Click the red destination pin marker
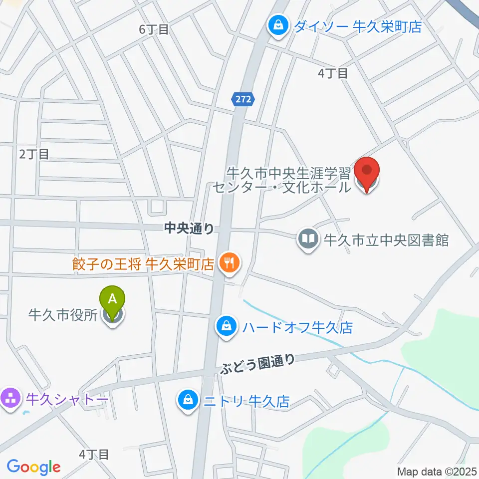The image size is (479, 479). [x=367, y=174]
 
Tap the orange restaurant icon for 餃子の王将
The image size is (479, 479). [x=229, y=262]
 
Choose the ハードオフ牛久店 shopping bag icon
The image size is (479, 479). [x=227, y=327]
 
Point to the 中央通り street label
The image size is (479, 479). [x=189, y=228]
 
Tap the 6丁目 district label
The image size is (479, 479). [x=154, y=29]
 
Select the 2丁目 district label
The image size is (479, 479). [x=34, y=154]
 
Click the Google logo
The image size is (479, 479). [x=33, y=467]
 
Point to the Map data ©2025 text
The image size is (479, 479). [x=437, y=471]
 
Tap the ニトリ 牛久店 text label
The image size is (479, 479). [x=246, y=401]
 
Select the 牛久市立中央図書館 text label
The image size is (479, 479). [x=387, y=240]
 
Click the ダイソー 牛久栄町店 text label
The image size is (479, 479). [x=357, y=26]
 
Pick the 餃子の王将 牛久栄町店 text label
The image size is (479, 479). [x=143, y=263]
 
